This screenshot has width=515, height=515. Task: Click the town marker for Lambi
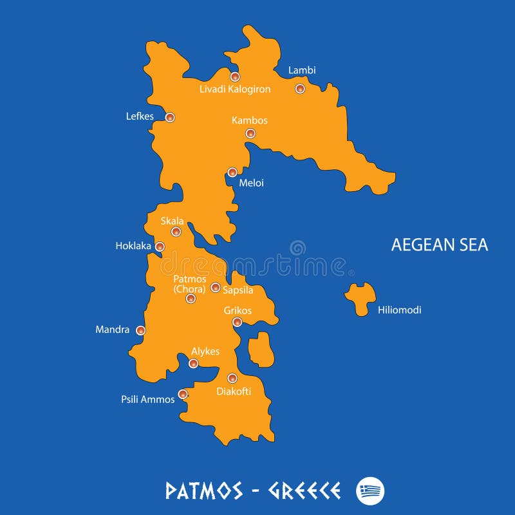coord(300,89)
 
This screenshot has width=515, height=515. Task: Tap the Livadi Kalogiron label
coord(235,89)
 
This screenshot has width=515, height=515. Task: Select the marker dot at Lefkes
coord(170,117)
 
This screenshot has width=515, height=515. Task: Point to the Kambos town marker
coord(250,133)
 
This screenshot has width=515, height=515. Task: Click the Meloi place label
coord(251,183)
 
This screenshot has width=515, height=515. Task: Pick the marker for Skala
coord(176,232)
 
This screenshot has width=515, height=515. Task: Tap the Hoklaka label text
coord(133,246)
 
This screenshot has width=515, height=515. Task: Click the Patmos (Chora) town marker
coord(191,298)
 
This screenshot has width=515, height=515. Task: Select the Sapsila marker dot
coord(216,287)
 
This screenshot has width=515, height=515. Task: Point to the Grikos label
coord(238,310)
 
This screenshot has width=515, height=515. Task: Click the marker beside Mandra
coord(140,330)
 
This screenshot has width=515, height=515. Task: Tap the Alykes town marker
coord(193,364)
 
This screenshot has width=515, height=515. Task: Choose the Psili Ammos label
coord(148,399)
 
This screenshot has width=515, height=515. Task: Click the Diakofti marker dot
coord(232,378)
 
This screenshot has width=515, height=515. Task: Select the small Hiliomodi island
coord(360,297)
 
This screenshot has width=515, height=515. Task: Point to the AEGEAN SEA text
coord(440,245)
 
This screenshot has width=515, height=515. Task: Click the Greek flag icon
coord(370,491)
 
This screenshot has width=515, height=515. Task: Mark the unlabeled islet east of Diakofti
coord(261,350)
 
